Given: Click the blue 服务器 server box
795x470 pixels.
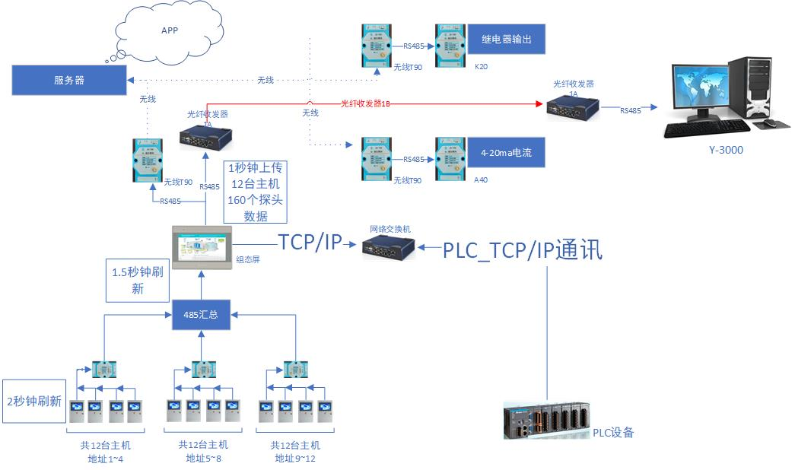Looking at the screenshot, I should pyautogui.click(x=69, y=80).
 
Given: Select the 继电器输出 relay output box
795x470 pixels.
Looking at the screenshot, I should pyautogui.click(x=505, y=40).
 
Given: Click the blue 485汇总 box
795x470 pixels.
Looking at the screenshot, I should pyautogui.click(x=201, y=314).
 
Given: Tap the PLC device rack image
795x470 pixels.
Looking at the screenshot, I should pyautogui.click(x=547, y=420).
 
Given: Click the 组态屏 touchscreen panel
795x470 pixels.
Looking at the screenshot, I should pyautogui.click(x=202, y=248).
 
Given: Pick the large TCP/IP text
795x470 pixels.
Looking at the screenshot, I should pyautogui.click(x=310, y=243).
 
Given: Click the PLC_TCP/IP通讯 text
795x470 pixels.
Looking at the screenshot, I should pyautogui.click(x=523, y=249).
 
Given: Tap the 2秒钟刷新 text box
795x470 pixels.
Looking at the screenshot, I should pyautogui.click(x=33, y=401).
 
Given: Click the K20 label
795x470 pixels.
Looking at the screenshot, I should pyautogui.click(x=481, y=67).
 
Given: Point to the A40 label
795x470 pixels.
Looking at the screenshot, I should pyautogui.click(x=481, y=180).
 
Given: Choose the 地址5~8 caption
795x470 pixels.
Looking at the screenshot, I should pyautogui.click(x=202, y=458).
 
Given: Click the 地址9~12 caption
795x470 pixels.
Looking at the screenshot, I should pyautogui.click(x=295, y=458).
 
